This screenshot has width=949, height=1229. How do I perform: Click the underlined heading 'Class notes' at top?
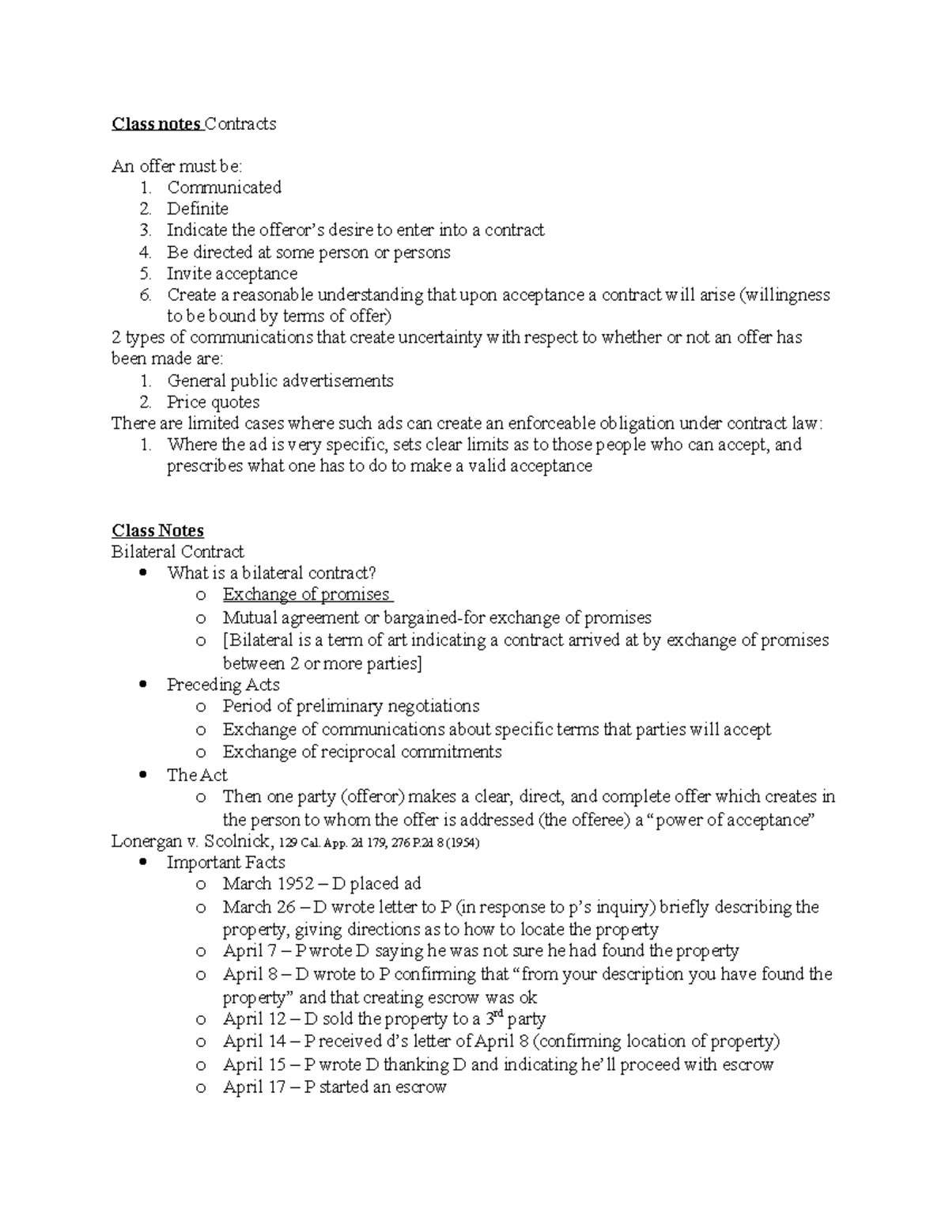[x=157, y=123]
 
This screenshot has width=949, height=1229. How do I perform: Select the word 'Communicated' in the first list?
[x=224, y=188]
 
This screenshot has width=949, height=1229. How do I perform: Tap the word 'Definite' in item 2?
[x=197, y=209]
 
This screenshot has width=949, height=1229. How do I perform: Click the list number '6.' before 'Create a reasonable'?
[x=145, y=295]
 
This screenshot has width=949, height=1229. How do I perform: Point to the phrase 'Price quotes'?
[x=213, y=402]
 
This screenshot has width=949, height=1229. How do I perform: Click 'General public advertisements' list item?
[x=280, y=381]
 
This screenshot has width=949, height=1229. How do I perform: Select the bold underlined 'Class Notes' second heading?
[x=157, y=530]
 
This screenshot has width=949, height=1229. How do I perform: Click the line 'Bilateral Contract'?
[x=178, y=552]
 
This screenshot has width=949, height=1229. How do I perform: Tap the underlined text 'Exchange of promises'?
[x=306, y=594]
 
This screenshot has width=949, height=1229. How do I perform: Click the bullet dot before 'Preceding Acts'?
[x=142, y=685]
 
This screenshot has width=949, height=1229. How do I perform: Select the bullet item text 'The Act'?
[x=197, y=775]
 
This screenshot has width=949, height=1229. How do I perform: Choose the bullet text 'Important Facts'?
[x=225, y=863]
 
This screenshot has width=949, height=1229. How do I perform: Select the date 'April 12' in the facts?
[x=251, y=1019]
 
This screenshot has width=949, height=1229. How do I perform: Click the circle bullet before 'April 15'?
[x=201, y=1066]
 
